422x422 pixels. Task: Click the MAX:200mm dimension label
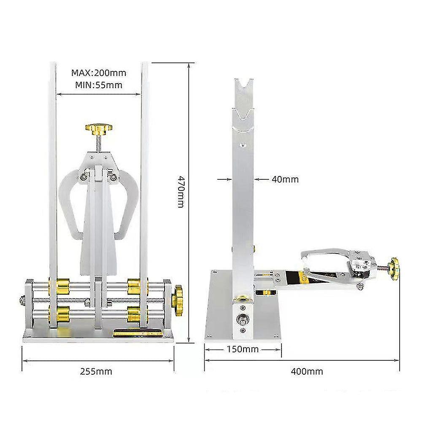[x=98, y=73]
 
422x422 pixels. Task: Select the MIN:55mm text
[x=98, y=85]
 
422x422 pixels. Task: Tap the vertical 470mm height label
[x=181, y=192]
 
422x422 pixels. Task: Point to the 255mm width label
[x=96, y=371]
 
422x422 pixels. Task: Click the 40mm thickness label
[x=285, y=179]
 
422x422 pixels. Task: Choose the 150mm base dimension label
[x=243, y=349]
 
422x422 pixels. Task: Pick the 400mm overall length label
[x=307, y=371]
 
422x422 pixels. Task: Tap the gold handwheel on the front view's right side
[x=177, y=301]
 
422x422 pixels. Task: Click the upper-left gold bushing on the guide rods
[x=60, y=287]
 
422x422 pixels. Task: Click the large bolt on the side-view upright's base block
[x=243, y=319]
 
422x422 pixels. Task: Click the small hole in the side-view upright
[x=243, y=145]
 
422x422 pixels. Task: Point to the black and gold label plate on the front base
[x=138, y=333]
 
